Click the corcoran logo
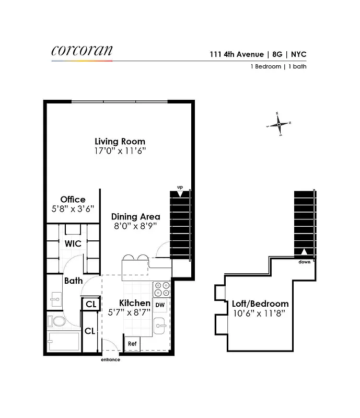pos(82,51)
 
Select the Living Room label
pos(120,142)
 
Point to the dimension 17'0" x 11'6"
pos(120,151)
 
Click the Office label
pos(73,200)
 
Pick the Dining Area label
pos(135,216)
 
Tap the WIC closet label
pos(72,243)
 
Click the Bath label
pos(73,281)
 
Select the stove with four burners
pos(161,289)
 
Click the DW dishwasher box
pos(160,305)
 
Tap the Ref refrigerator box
pos(132,344)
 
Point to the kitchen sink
pos(160,326)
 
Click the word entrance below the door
pos(110,359)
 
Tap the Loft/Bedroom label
pos(260,304)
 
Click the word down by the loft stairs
pos(305,262)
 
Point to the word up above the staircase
pos(180,187)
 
